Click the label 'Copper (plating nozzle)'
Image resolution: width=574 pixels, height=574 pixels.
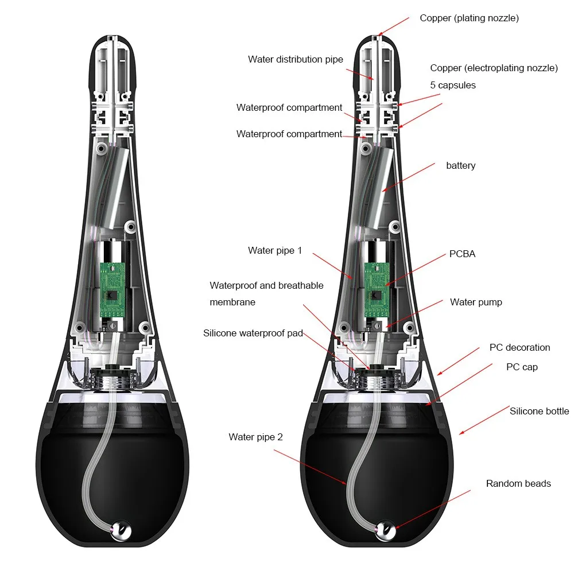[x=469, y=18]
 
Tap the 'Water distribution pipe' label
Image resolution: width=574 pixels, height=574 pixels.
[x=296, y=59]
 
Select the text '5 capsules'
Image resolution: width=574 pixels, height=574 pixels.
[x=453, y=86]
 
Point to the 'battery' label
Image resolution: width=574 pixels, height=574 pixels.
[x=460, y=166]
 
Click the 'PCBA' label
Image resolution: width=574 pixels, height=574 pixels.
[x=462, y=254]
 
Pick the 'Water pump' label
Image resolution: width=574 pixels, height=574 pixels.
[x=476, y=302]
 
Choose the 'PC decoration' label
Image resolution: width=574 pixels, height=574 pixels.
[x=519, y=347]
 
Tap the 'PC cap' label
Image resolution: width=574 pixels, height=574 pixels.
[x=522, y=366]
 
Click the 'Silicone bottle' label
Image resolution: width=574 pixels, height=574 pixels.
[x=539, y=411]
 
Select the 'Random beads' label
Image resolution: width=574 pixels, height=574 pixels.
[x=518, y=483]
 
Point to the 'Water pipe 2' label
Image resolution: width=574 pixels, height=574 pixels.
[x=255, y=437]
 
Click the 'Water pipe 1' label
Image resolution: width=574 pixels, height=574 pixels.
[x=274, y=250]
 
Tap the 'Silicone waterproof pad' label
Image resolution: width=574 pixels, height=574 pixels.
[x=253, y=333]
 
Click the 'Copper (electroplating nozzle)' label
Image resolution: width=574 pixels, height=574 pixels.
[x=494, y=68]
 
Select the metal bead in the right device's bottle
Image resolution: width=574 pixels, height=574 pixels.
[x=385, y=529]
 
